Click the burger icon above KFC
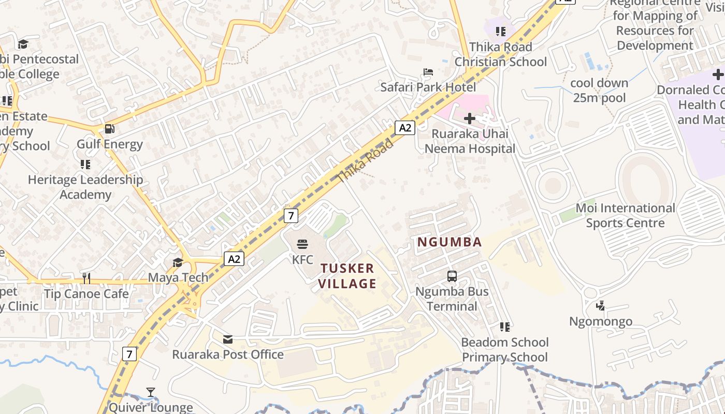click(x=302, y=244)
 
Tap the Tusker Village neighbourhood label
click(x=347, y=276)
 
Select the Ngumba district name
click(x=450, y=242)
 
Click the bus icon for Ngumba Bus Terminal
click(x=452, y=276)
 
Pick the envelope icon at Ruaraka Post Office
click(x=227, y=339)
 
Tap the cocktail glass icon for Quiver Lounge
click(x=151, y=392)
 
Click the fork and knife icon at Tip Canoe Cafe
click(x=86, y=278)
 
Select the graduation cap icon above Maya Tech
click(x=178, y=262)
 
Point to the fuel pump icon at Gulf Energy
click(x=109, y=129)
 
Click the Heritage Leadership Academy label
click(x=85, y=187)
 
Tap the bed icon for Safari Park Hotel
click(x=428, y=72)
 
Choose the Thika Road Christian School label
click(x=500, y=54)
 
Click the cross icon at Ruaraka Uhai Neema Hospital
click(x=470, y=119)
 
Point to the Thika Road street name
click(x=365, y=160)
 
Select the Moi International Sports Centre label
click(x=625, y=215)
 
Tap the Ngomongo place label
click(x=601, y=321)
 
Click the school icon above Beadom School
click(x=505, y=327)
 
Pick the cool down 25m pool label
click(x=599, y=90)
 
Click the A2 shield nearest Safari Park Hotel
click(x=405, y=127)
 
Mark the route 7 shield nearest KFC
click(x=291, y=215)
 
